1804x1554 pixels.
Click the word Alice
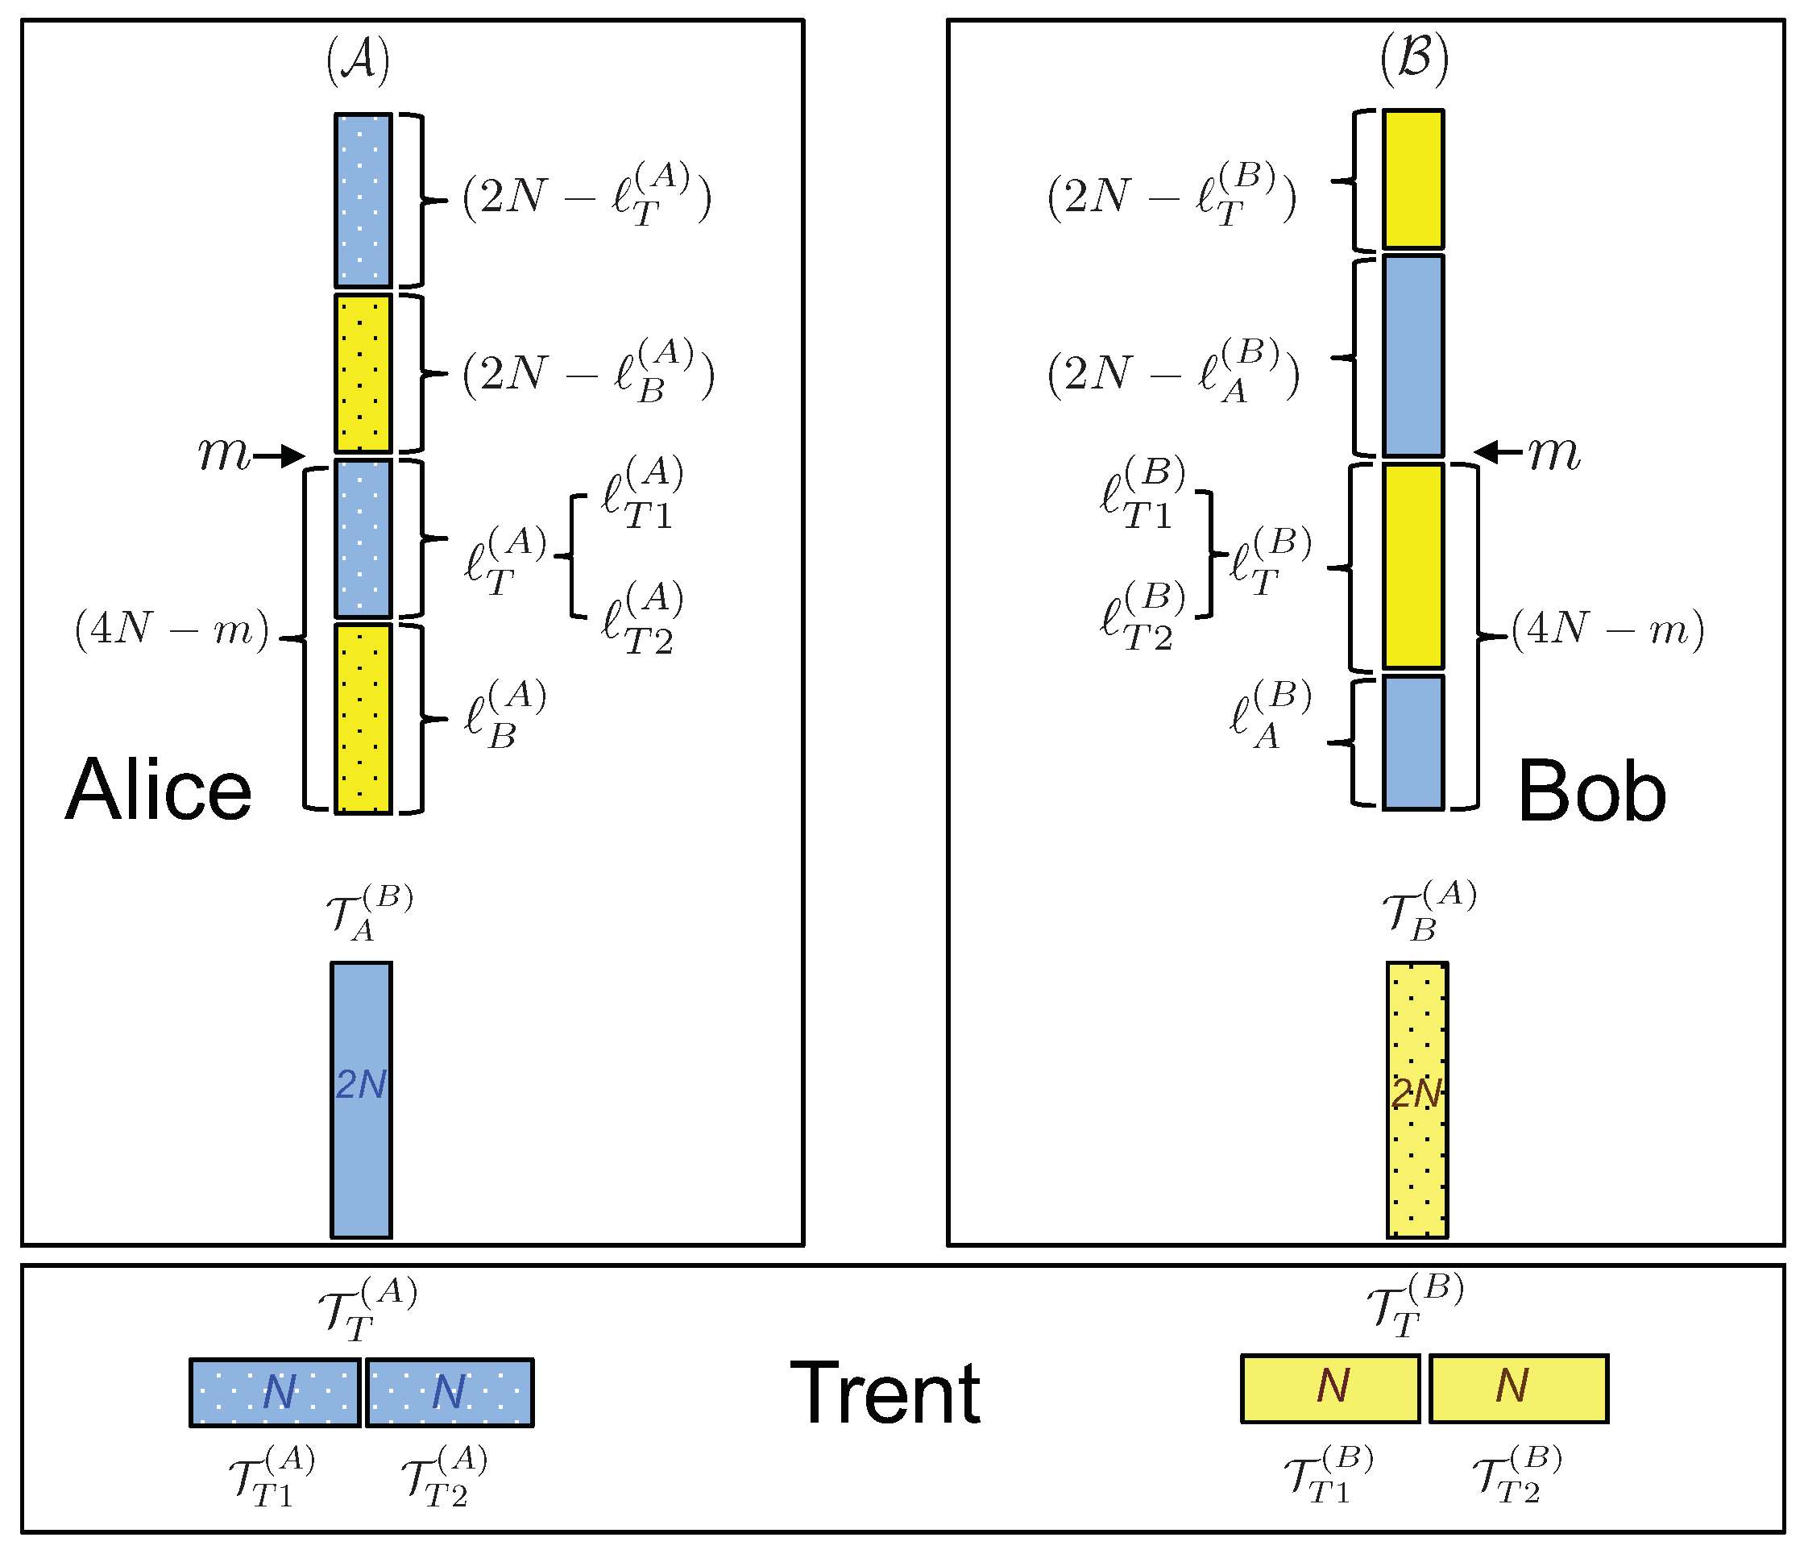159,789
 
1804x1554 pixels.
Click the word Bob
1591,791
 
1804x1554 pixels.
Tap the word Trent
885,1394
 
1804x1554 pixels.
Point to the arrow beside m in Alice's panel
279,455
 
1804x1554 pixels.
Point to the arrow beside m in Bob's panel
1498,451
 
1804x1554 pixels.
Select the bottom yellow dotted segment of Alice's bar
363,719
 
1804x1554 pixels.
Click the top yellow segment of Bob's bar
1413,179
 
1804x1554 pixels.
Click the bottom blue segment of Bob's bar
1413,742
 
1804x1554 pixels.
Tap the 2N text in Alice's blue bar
360,1084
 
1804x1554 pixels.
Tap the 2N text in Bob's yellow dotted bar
1416,1094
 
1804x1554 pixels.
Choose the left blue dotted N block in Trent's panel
275,1392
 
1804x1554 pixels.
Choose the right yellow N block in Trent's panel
1519,1389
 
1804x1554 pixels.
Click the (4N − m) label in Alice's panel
172,629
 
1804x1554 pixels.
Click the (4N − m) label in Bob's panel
1607,629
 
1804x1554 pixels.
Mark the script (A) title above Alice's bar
358,61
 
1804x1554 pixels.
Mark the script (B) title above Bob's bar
1414,58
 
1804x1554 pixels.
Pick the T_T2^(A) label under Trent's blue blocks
444,1476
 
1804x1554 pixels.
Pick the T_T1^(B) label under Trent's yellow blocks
1329,1474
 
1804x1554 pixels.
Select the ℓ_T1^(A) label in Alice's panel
642,494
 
